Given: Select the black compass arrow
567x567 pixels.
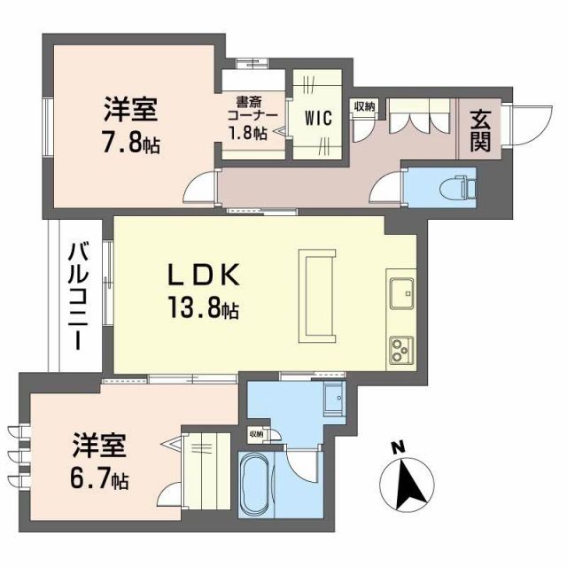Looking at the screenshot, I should tap(407, 484).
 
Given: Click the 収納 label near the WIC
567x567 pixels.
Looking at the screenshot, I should tap(364, 106).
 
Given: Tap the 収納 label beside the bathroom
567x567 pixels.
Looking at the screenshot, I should tap(255, 434).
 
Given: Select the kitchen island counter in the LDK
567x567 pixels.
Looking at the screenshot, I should tap(316, 295).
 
